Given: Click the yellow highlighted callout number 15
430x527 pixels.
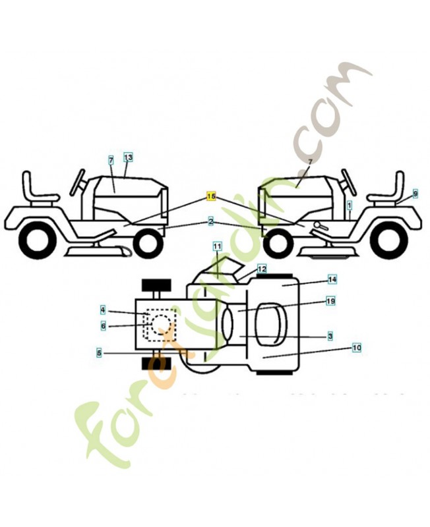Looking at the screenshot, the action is (211, 196).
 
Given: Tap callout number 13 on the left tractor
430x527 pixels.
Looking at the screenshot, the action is (128, 157).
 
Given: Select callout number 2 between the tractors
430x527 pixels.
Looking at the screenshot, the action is (211, 222).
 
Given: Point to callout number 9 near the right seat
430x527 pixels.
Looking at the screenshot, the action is (415, 194).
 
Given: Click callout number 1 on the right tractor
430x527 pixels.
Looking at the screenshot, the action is (350, 205).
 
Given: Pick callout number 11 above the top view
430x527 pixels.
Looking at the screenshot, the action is (217, 246).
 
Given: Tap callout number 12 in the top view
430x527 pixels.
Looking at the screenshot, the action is (262, 269).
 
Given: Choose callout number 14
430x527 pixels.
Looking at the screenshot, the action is (332, 280).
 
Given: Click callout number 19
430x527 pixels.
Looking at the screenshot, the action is (331, 301).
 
